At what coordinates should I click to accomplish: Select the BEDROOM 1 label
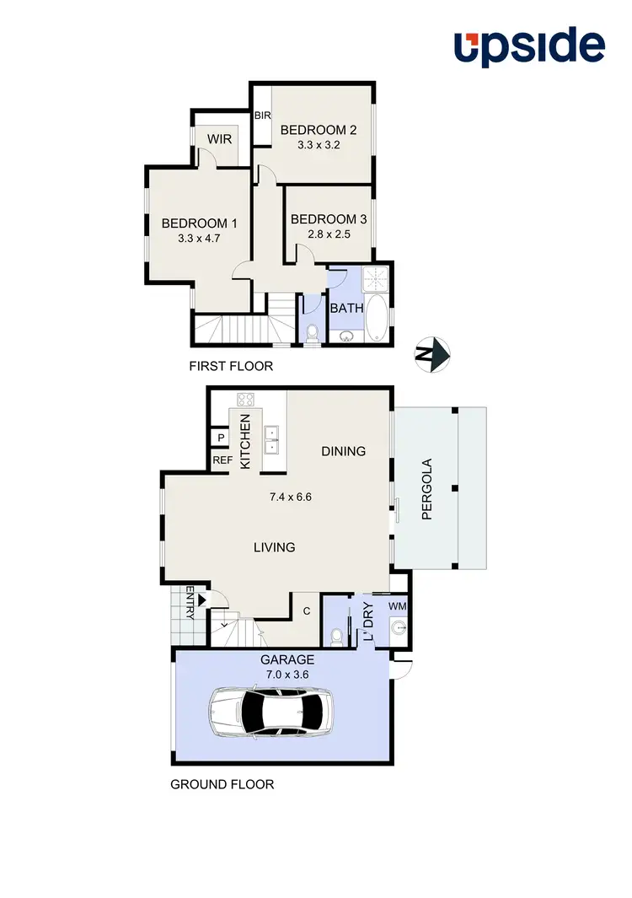[199, 223]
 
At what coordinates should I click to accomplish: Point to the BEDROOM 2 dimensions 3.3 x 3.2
[319, 145]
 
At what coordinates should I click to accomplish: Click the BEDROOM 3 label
[328, 219]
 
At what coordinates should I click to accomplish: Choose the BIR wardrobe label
[262, 116]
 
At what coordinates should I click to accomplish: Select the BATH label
[346, 308]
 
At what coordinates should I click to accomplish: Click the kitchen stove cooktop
[246, 401]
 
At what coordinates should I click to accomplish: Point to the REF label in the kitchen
[222, 460]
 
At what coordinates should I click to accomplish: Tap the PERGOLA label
[426, 488]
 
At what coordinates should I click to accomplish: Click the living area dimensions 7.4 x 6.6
[291, 497]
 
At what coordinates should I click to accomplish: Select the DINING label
[344, 451]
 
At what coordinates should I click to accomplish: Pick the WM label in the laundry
[397, 605]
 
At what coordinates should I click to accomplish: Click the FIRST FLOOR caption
[232, 367]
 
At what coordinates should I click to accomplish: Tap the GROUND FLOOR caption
[222, 784]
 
